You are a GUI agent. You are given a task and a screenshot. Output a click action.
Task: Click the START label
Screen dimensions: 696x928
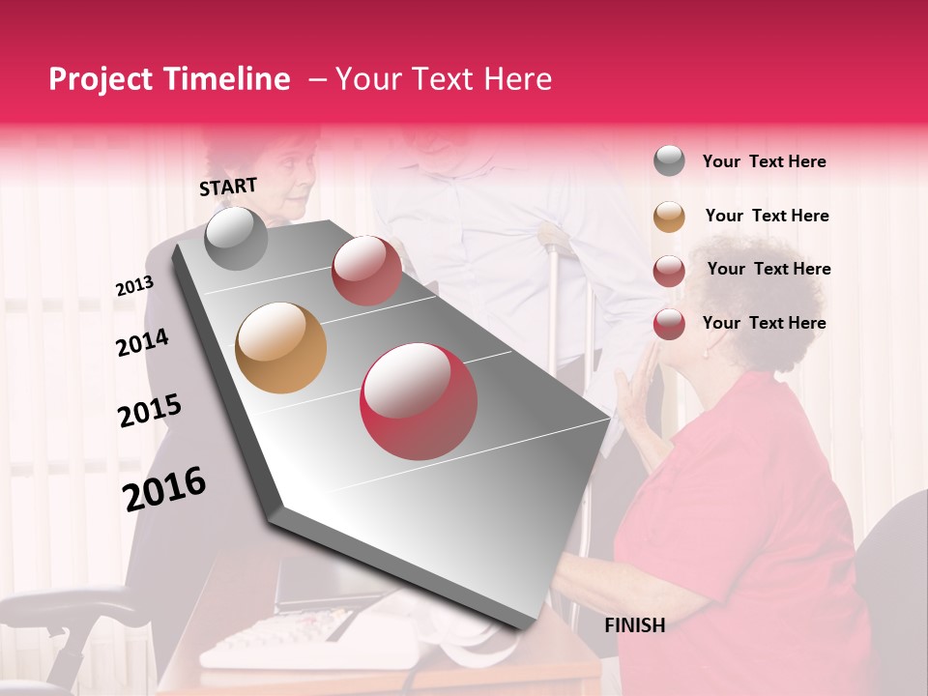click(228, 187)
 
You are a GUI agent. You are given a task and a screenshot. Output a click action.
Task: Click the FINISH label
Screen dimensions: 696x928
click(634, 625)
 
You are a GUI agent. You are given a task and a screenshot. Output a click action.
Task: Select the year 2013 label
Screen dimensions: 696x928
click(134, 286)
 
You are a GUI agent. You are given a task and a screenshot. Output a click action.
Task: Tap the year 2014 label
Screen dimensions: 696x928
click(142, 342)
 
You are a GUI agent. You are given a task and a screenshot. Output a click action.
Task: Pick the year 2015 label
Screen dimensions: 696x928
click(149, 411)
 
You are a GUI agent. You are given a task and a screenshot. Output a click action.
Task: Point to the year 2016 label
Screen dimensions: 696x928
click(164, 488)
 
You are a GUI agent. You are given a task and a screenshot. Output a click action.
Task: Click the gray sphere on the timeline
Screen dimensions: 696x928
click(237, 239)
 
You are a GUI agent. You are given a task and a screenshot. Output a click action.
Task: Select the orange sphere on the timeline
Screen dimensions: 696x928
click(280, 348)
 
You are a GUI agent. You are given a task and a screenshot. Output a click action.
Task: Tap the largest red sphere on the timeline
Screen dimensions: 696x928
click(419, 402)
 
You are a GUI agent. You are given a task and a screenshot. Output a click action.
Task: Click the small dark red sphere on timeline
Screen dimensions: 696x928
click(366, 271)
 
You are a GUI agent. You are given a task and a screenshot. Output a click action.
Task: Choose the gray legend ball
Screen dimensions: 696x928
click(669, 161)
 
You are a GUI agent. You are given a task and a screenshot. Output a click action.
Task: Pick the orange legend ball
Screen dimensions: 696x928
click(669, 217)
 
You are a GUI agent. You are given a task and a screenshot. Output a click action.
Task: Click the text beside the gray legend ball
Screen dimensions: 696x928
click(764, 162)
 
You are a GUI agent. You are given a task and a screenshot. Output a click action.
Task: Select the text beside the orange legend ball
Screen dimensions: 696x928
click(767, 216)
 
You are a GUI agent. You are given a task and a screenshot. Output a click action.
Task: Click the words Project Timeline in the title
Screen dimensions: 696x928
click(169, 79)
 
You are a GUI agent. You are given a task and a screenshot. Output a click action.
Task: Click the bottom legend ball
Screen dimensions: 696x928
click(669, 324)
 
